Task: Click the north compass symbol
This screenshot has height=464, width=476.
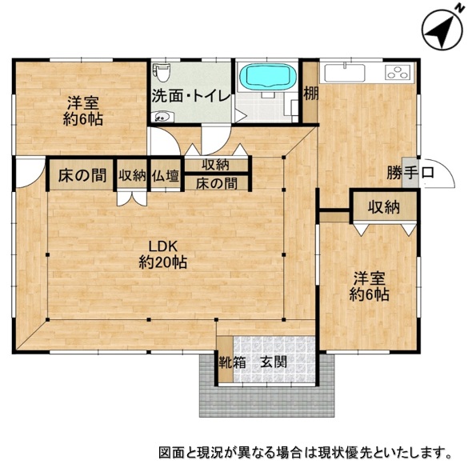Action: (x=443, y=31)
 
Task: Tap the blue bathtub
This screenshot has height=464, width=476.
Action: (x=267, y=76)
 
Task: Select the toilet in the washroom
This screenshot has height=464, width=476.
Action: (x=162, y=73)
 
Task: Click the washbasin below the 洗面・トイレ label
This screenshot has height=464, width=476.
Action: (x=162, y=116)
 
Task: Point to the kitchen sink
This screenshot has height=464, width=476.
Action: (x=344, y=73)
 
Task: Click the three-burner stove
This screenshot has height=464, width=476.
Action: (x=398, y=72)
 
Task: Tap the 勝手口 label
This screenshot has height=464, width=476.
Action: (x=410, y=173)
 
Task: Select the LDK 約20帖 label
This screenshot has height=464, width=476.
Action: (x=162, y=254)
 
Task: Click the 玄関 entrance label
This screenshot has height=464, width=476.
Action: (x=274, y=362)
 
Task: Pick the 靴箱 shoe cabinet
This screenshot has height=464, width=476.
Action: (x=226, y=359)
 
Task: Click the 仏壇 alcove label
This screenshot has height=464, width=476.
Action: (x=166, y=175)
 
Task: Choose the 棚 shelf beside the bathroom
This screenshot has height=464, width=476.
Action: (x=310, y=93)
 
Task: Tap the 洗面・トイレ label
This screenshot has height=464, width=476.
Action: (x=191, y=96)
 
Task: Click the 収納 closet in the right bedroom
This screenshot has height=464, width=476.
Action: (x=384, y=207)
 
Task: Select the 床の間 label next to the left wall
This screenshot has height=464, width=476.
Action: (x=82, y=175)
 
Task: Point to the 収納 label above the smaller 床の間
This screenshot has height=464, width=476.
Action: (x=216, y=165)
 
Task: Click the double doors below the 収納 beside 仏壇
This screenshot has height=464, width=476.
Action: (x=132, y=198)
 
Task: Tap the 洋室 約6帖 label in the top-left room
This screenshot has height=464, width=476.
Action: (x=83, y=111)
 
